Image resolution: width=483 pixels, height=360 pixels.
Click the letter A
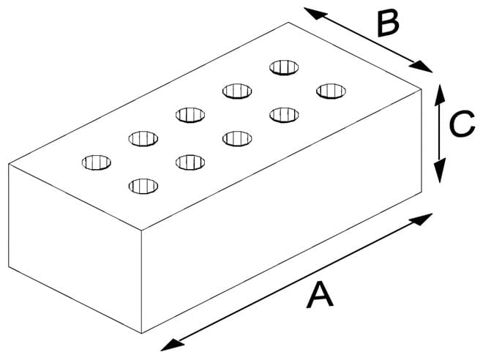click(x=319, y=297)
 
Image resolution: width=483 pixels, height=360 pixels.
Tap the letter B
click(x=387, y=23)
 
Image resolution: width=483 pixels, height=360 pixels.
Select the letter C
click(x=462, y=125)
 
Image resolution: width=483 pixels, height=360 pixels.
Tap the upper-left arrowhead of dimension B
click(x=311, y=11)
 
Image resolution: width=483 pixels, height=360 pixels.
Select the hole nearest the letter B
click(x=285, y=67)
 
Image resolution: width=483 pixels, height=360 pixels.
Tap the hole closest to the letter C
click(x=331, y=91)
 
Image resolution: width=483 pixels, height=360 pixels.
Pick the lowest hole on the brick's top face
click(x=143, y=186)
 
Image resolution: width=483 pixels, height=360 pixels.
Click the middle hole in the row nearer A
click(x=236, y=138)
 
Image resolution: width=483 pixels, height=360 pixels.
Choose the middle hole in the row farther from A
click(x=190, y=114)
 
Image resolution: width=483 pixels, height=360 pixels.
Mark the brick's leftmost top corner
click(x=9, y=163)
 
